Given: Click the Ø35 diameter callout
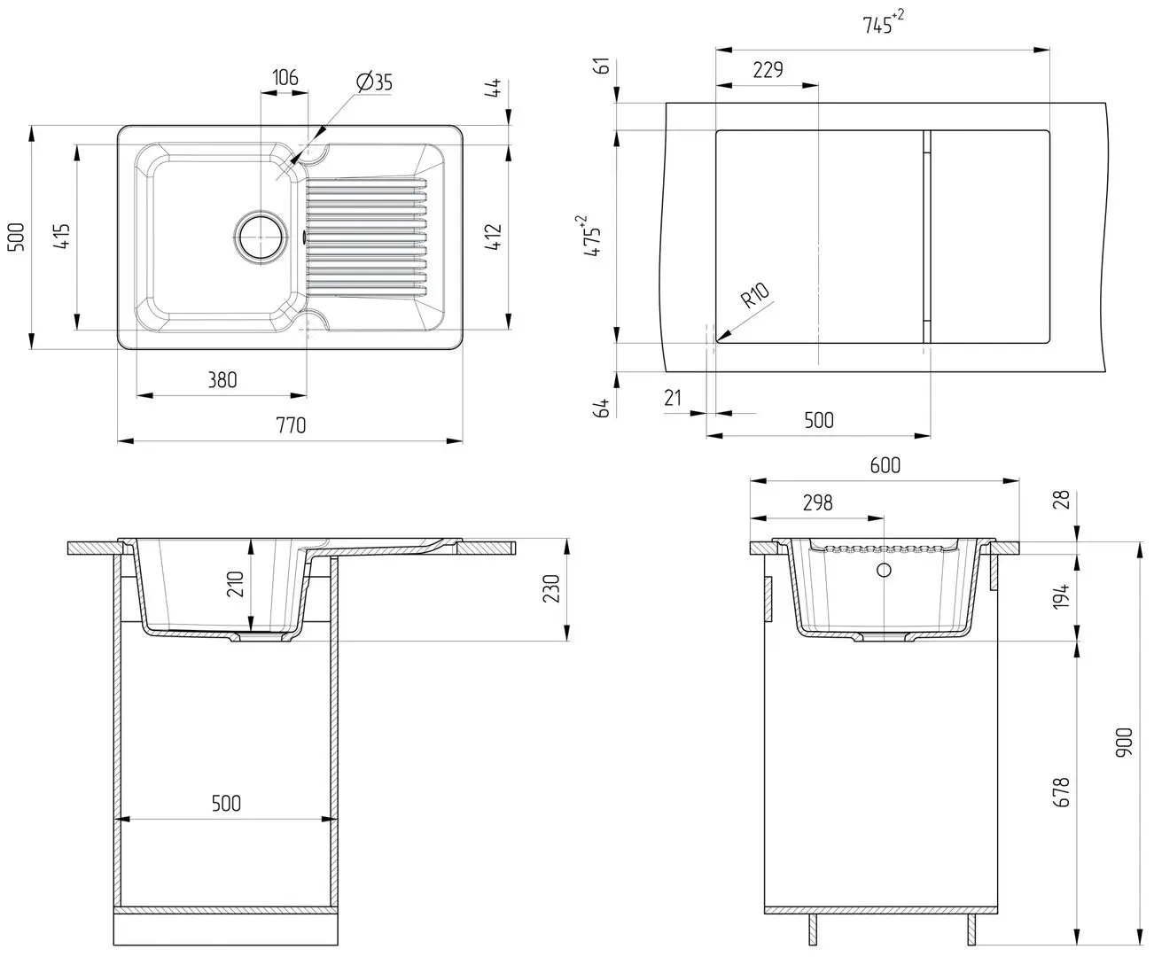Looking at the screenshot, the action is click(374, 82).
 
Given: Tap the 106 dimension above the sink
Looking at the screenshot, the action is click(285, 77).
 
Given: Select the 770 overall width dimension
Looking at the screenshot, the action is click(291, 425).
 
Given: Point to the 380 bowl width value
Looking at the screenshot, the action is click(222, 379).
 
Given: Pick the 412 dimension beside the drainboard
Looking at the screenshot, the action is click(493, 237).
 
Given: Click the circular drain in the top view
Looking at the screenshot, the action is click(261, 237).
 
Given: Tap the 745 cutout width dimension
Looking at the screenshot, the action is click(883, 23).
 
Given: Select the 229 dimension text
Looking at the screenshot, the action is click(768, 70).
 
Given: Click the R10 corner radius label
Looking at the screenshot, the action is click(755, 296).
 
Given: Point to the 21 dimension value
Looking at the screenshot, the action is click(673, 398).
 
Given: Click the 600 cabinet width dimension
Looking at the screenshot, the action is click(885, 465).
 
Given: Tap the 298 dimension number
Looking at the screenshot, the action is click(817, 502).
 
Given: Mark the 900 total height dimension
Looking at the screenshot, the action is click(1124, 742).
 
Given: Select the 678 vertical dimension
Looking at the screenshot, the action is click(1062, 792).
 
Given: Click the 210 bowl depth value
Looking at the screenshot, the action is click(235, 584).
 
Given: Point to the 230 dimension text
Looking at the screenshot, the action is click(551, 587).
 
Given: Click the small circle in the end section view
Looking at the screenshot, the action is click(884, 570).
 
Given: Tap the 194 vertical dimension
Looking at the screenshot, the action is click(1061, 596).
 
